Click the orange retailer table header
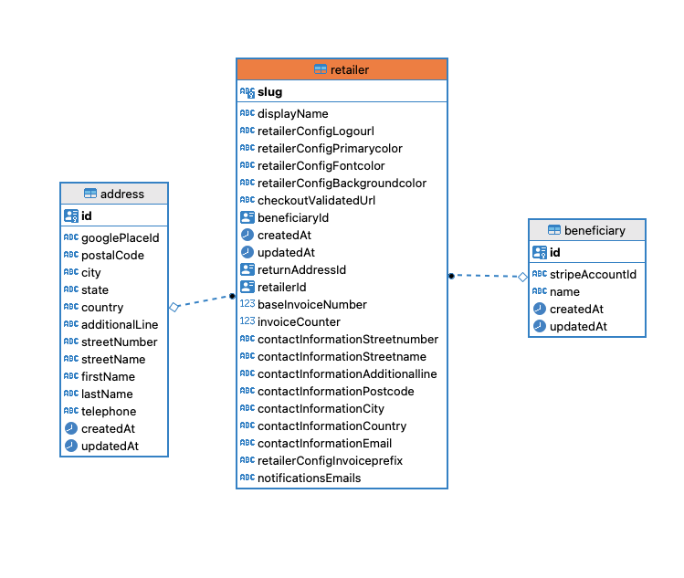tap(342, 69)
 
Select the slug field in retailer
tap(269, 92)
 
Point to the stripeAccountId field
tap(593, 274)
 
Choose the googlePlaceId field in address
tap(120, 238)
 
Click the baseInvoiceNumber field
tap(311, 305)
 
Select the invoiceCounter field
tap(299, 322)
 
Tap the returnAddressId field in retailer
tap(301, 270)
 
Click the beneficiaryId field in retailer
tap(292, 218)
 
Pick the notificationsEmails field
tap(309, 478)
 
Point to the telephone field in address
tap(109, 412)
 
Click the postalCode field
tap(112, 256)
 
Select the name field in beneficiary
tap(564, 291)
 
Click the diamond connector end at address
tap(174, 308)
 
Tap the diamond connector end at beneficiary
tap(522, 276)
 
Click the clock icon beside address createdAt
tap(70, 428)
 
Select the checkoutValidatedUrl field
tap(316, 201)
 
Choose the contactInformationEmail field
tap(324, 444)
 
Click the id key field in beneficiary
tap(554, 253)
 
